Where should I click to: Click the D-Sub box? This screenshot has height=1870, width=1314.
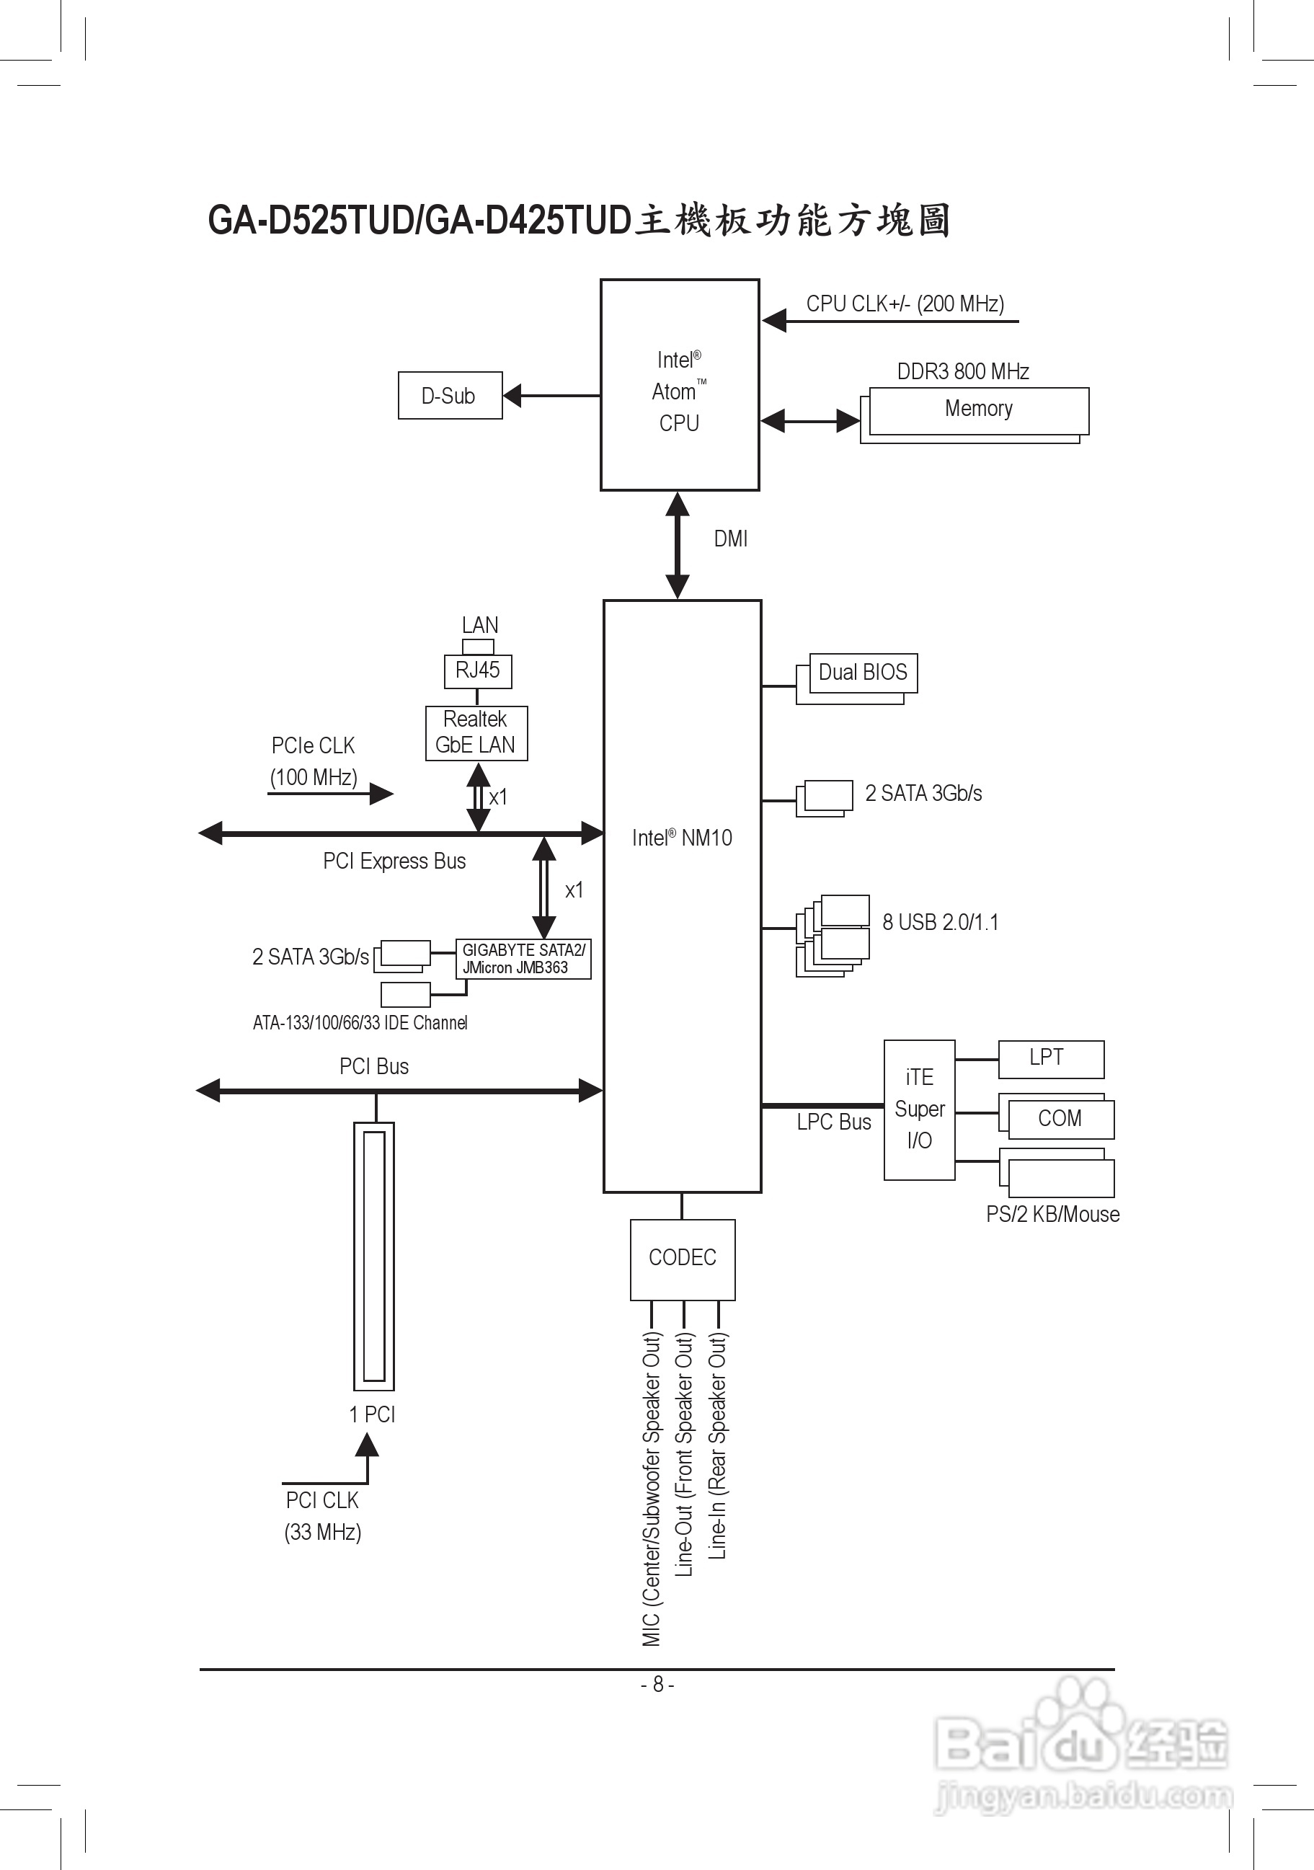point(449,396)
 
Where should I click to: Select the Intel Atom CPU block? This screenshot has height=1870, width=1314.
point(680,385)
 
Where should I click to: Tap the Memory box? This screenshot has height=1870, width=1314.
point(979,409)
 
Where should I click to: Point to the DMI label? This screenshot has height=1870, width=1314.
point(730,539)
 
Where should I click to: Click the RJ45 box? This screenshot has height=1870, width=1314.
point(478,671)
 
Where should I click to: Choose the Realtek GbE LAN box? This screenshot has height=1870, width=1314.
point(476,733)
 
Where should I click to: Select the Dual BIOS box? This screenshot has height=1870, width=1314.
point(863,673)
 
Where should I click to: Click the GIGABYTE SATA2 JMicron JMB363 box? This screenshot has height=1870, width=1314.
point(523,959)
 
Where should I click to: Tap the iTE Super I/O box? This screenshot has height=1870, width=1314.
point(919,1109)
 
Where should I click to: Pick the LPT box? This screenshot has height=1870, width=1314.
point(1050,1059)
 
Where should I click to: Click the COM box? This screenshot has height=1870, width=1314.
point(1060,1119)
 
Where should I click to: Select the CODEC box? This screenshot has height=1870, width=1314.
point(683,1259)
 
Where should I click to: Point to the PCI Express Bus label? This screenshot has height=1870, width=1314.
point(394,861)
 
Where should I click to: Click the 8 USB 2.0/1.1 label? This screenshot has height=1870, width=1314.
point(941,923)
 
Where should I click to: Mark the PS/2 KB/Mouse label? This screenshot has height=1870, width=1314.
point(1052,1215)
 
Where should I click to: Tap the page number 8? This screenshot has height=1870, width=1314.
point(658,1684)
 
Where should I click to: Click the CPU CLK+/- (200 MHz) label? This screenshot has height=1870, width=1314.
point(905,303)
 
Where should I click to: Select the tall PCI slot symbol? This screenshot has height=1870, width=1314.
point(373,1256)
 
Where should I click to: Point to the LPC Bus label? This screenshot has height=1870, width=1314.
point(834,1122)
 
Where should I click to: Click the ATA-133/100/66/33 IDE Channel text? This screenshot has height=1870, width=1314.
point(360,1023)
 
